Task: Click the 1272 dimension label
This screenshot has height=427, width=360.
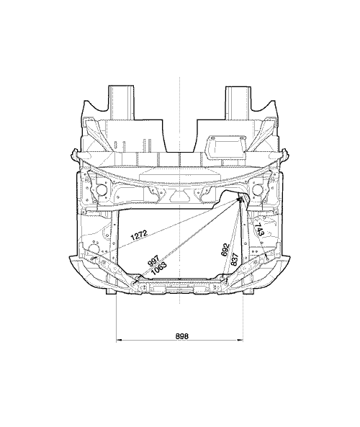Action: (139, 235)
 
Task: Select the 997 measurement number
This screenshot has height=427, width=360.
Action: (153, 261)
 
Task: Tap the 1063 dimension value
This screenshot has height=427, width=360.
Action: (158, 268)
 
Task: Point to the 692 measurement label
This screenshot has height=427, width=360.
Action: (225, 249)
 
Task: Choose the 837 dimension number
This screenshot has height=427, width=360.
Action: (235, 259)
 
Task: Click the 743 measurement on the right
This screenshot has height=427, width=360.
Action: (259, 230)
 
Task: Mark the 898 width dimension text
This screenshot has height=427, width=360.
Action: (181, 336)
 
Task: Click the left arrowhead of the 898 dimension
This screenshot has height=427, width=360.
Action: (119, 340)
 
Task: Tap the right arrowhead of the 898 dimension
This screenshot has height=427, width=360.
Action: (240, 340)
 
